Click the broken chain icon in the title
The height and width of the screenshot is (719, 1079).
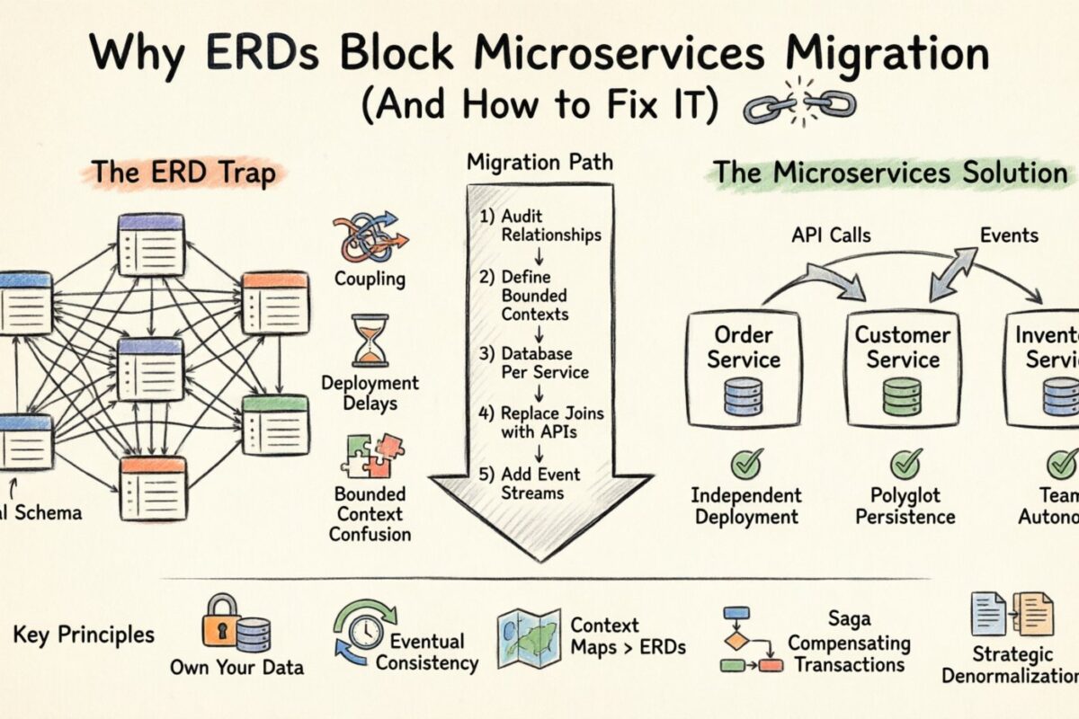click(800, 106)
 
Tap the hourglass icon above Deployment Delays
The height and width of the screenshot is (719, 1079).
click(370, 342)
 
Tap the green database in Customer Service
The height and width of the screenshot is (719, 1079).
click(903, 396)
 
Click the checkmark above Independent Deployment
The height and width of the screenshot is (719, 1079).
click(745, 464)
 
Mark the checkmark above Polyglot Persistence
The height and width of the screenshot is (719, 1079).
click(905, 464)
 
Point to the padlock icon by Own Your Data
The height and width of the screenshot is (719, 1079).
click(222, 620)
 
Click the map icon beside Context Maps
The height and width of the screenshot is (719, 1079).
click(529, 638)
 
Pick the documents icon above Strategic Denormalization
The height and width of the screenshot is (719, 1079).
click(1011, 615)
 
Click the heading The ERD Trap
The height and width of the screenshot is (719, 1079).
click(185, 173)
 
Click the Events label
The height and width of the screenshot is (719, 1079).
click(1008, 235)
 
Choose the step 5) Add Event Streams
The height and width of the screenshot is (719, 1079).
click(530, 483)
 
